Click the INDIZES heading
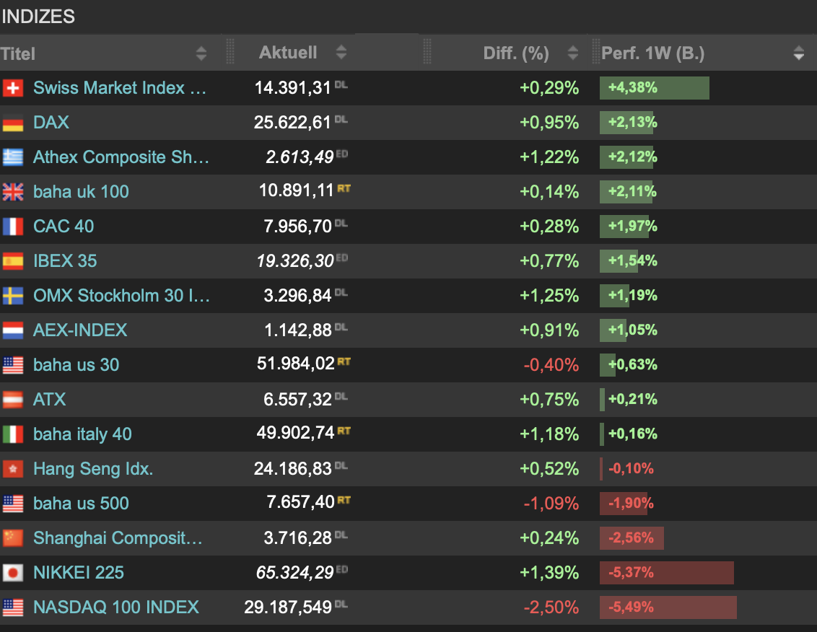tap(38, 17)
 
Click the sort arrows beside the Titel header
tap(201, 53)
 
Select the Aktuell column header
tap(288, 53)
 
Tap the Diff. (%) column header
tap(516, 53)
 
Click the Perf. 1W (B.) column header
tap(653, 53)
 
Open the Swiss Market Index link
tap(119, 87)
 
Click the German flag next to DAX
tap(13, 123)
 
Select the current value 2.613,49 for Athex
tap(300, 157)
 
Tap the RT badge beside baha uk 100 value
tap(344, 188)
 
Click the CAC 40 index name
tap(64, 226)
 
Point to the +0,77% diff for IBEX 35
tap(549, 260)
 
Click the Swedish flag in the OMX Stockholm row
tap(13, 295)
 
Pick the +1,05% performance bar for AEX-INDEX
tap(613, 330)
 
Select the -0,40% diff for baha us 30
tap(551, 365)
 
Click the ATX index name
tap(50, 400)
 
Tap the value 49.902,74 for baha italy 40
tap(295, 432)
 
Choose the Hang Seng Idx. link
tap(93, 469)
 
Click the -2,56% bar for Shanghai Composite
tap(632, 538)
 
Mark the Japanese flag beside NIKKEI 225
tap(13, 573)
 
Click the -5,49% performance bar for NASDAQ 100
tap(668, 607)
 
